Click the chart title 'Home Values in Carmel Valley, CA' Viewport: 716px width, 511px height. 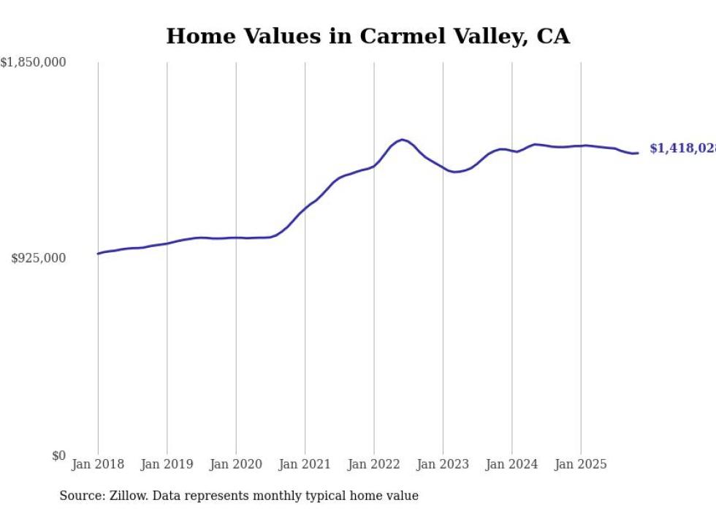[x=367, y=36]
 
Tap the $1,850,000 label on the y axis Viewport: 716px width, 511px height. [x=33, y=63]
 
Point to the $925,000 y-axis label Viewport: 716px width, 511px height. [x=39, y=258]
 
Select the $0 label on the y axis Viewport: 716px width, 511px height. [x=58, y=455]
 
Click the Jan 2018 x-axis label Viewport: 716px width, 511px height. [x=98, y=464]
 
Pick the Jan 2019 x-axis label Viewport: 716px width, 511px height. [x=167, y=464]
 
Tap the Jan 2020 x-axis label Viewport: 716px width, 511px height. [x=236, y=464]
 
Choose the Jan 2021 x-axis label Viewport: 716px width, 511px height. [x=305, y=464]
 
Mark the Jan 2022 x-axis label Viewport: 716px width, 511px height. [x=374, y=464]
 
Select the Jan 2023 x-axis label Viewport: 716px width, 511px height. [x=443, y=464]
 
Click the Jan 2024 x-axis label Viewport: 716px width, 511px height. [x=512, y=464]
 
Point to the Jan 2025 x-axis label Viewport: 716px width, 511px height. [x=581, y=464]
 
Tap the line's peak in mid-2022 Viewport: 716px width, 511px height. [x=402, y=140]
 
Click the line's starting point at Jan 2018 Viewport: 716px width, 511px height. [x=98, y=254]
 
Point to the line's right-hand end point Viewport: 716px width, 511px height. [x=638, y=153]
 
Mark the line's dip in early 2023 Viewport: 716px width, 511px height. [x=454, y=172]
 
